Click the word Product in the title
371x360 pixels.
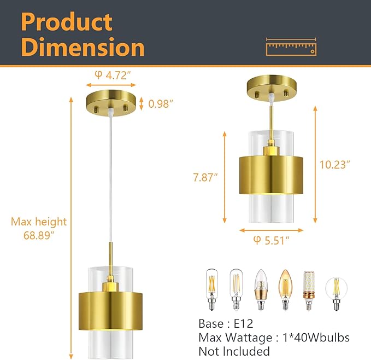click(x=67, y=22)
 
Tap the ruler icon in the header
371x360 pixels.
click(x=291, y=47)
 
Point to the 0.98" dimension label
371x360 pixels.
click(x=162, y=102)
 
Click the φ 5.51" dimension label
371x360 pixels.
click(x=272, y=239)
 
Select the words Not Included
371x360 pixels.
click(x=234, y=351)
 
